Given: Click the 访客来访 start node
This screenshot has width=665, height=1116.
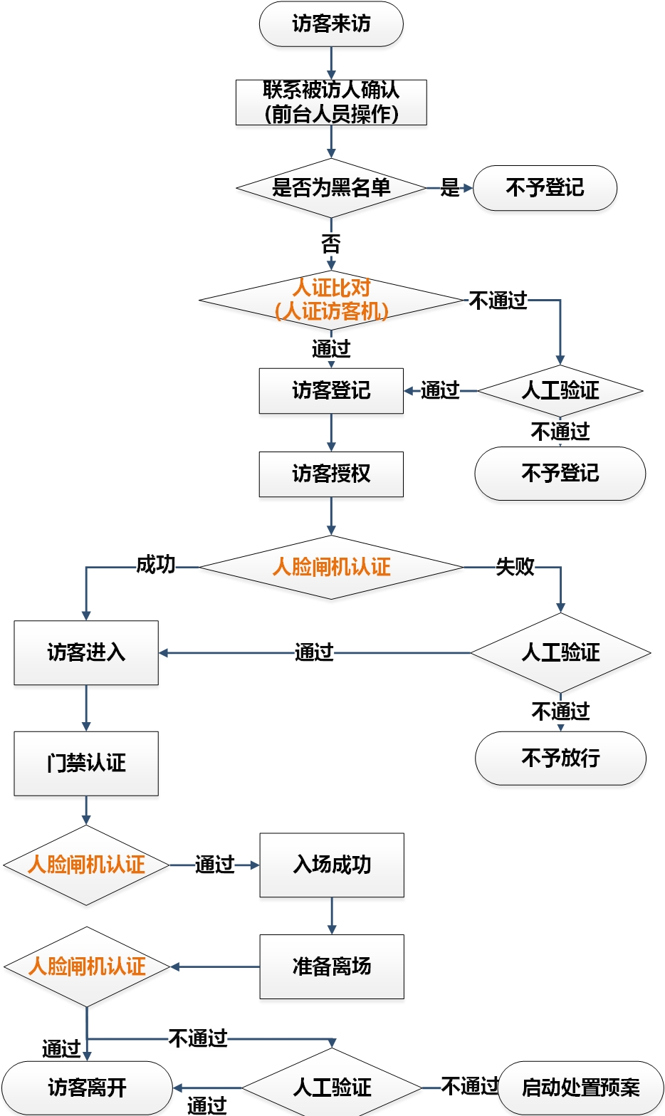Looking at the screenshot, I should coord(331,24).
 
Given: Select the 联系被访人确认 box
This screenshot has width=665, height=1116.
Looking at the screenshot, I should coord(331,102).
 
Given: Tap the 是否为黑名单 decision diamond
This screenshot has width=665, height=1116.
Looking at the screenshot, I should coord(331,188).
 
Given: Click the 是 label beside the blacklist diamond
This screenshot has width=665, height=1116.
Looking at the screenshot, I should coord(449,188).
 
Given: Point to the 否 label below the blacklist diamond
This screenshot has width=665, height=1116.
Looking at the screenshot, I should coord(331,244).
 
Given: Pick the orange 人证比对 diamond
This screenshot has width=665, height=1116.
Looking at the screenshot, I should coord(331,300).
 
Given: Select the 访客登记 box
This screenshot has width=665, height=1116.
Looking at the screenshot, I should coord(331,390).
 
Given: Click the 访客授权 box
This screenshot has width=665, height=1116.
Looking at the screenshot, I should coord(331,474).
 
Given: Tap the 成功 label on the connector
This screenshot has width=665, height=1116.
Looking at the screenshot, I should coord(156,565).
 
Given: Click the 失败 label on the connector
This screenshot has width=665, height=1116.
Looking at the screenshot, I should coord(515,567).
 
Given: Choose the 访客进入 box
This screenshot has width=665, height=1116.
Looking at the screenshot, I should coord(86,652).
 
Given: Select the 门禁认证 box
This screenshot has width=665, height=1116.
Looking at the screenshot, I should coord(86,763).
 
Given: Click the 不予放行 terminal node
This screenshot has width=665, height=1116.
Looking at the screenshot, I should coord(560,758).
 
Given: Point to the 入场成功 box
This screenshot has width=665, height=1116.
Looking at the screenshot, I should coord(332,865).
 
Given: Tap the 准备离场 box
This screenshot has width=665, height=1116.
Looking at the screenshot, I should coord(332,966).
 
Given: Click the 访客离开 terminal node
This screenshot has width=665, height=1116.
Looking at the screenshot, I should coord(87,1088).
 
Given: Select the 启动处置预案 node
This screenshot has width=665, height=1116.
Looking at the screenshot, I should coord(580,1088).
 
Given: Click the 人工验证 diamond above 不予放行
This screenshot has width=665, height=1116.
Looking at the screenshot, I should coord(560,652).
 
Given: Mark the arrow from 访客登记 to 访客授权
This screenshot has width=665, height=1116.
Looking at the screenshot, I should coord(331,432).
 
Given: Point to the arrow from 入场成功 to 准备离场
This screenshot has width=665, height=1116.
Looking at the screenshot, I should coord(332,916).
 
